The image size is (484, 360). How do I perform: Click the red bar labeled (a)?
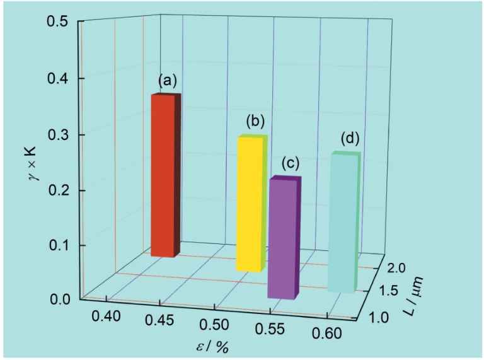(163, 177)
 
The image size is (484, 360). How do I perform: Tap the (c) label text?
(289, 164)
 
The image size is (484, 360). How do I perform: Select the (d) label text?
(350, 137)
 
